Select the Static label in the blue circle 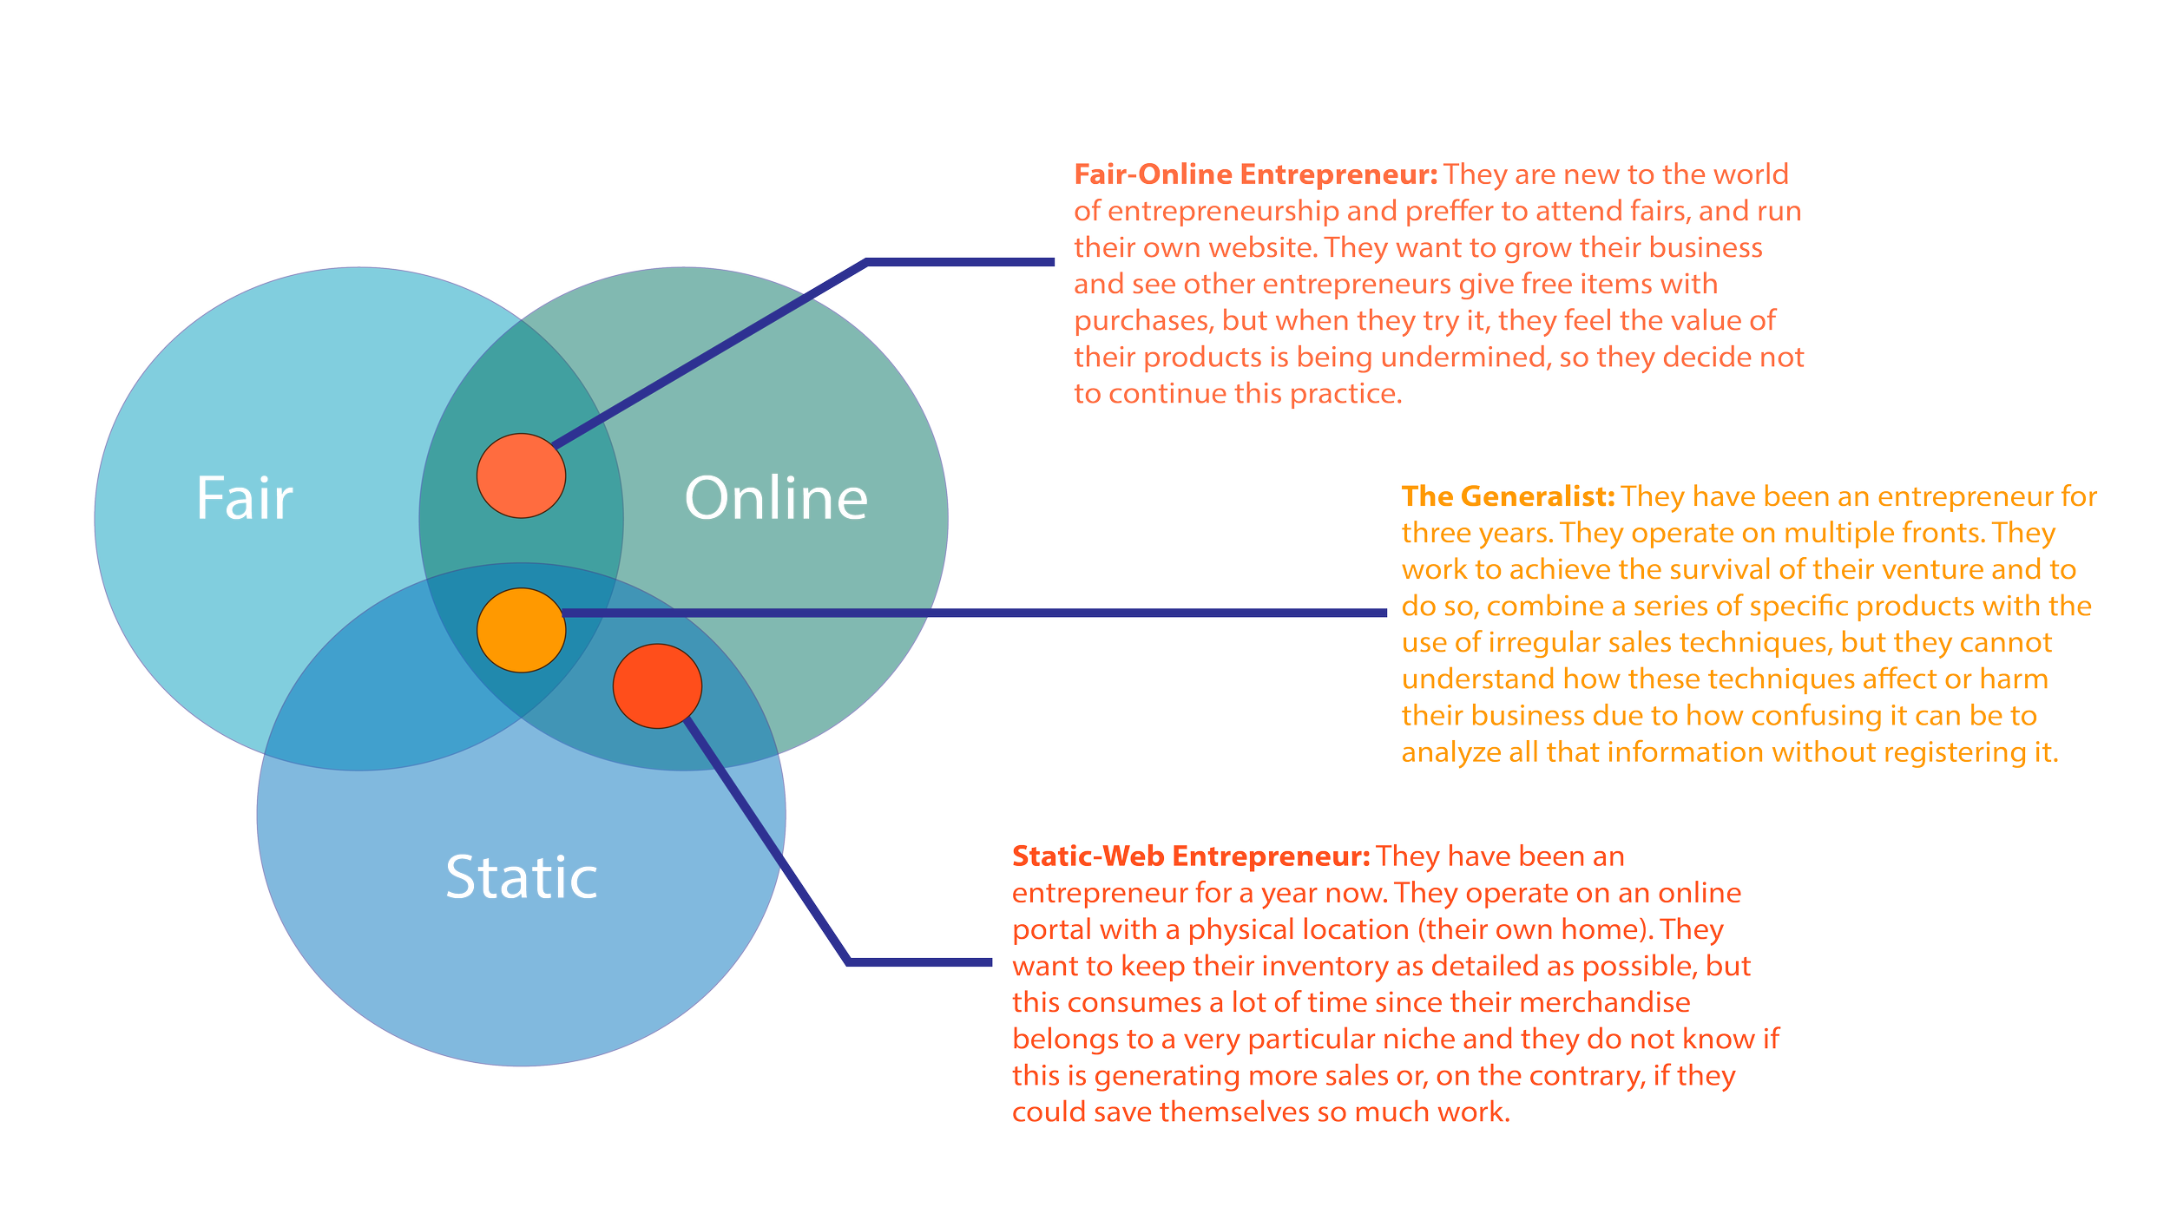click(521, 877)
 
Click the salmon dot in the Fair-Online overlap click(521, 476)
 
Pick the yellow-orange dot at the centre click(521, 630)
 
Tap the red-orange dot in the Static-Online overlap click(657, 685)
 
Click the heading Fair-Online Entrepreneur click(1255, 175)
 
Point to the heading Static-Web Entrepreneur click(1190, 856)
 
